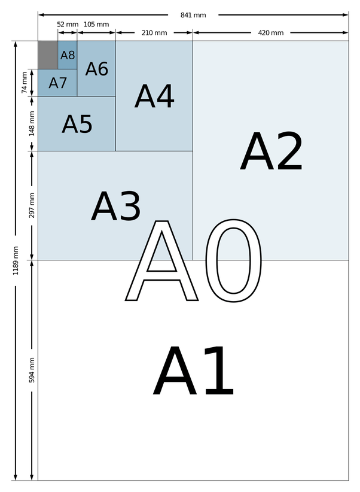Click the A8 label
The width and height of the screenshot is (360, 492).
[68, 55]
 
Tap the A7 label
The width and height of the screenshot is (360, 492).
[58, 83]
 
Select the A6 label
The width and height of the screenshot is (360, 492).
[96, 69]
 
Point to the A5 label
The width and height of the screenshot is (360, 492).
[77, 124]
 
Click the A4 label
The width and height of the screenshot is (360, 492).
[154, 96]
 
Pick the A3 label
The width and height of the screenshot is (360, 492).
[116, 207]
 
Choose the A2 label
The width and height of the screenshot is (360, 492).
[271, 153]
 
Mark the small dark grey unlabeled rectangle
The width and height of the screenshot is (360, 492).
[48, 55]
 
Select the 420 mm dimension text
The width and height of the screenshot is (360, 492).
[270, 32]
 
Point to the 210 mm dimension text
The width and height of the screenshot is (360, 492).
[154, 32]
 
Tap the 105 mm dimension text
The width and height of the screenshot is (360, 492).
[96, 24]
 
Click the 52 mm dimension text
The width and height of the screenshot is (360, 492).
[68, 24]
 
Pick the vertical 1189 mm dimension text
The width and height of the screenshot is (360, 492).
[17, 260]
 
